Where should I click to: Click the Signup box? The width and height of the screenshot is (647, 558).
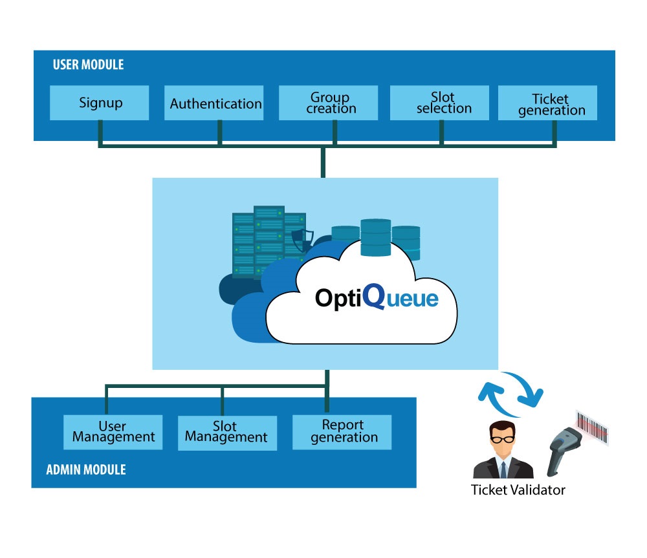[x=100, y=103]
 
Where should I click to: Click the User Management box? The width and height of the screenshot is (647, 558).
[x=113, y=432]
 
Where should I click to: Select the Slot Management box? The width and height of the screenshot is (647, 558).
[x=226, y=432]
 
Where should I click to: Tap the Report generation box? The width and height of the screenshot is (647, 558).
[x=342, y=432]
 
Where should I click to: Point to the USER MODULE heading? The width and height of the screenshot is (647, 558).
[x=88, y=65]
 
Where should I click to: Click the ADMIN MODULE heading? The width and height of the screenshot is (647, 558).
[x=86, y=469]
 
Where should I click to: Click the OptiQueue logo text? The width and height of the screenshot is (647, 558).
[x=376, y=298]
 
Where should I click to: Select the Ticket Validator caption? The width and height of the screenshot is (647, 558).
[x=518, y=490]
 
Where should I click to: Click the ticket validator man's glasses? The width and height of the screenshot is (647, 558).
[x=502, y=438]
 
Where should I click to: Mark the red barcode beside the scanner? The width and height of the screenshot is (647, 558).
[x=593, y=427]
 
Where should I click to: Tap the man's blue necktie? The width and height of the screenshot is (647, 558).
[x=503, y=467]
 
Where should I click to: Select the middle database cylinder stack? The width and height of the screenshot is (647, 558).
[x=376, y=237]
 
